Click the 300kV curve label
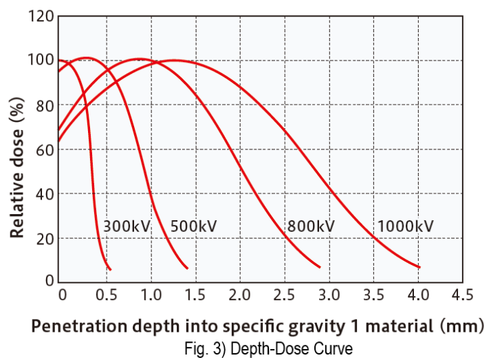(x=127, y=226)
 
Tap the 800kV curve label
(x=311, y=226)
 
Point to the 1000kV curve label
(x=406, y=226)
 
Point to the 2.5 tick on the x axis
(x=283, y=295)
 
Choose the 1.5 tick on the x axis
(x=195, y=295)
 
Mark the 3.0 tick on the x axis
(x=328, y=295)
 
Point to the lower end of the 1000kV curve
(x=419, y=267)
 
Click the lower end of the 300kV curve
(x=109, y=268)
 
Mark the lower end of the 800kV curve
(x=320, y=266)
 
